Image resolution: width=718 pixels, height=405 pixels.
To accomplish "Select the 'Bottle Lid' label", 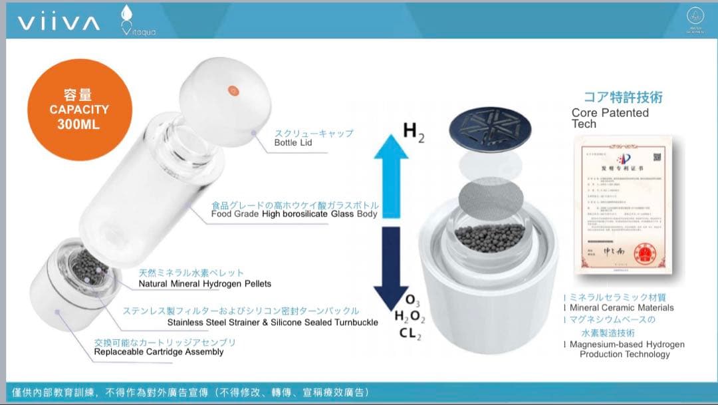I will (293, 143).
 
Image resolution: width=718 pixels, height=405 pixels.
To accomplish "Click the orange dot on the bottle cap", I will (233, 90).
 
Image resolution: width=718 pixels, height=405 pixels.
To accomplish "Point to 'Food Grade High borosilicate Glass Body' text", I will (294, 214).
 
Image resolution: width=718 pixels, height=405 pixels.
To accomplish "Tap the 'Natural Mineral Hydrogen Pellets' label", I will (205, 284).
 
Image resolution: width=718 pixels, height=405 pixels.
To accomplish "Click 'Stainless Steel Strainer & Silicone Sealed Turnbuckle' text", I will (273, 323).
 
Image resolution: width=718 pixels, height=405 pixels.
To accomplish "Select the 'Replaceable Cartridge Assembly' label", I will (159, 352).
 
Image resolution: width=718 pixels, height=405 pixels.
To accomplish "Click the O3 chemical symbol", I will (412, 301).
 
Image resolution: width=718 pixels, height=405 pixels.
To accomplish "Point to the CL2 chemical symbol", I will (410, 334).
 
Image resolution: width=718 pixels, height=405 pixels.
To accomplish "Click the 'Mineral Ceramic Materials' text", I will (622, 308).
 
